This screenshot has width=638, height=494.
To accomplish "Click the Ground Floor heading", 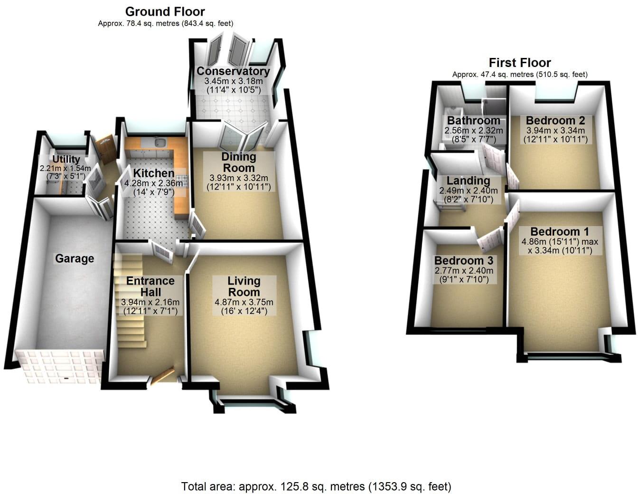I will (165, 11).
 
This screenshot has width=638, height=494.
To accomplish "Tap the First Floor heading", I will (520, 63).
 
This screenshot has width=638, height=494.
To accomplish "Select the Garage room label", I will (75, 258).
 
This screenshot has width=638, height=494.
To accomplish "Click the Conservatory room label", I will (233, 71).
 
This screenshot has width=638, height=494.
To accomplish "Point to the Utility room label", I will (66, 159).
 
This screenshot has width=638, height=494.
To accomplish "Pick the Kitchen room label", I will (153, 173).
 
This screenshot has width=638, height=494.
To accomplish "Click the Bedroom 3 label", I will (463, 261).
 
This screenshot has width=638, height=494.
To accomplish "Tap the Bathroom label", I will (473, 121).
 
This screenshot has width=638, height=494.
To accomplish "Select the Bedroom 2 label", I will (555, 121).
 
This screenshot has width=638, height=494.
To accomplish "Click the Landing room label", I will (468, 181).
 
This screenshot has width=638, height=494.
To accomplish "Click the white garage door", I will (59, 366).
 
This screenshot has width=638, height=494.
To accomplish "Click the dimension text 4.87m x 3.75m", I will (244, 302).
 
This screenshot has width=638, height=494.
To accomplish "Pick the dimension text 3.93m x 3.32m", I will (239, 178).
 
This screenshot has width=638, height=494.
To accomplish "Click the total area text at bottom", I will (316, 486).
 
